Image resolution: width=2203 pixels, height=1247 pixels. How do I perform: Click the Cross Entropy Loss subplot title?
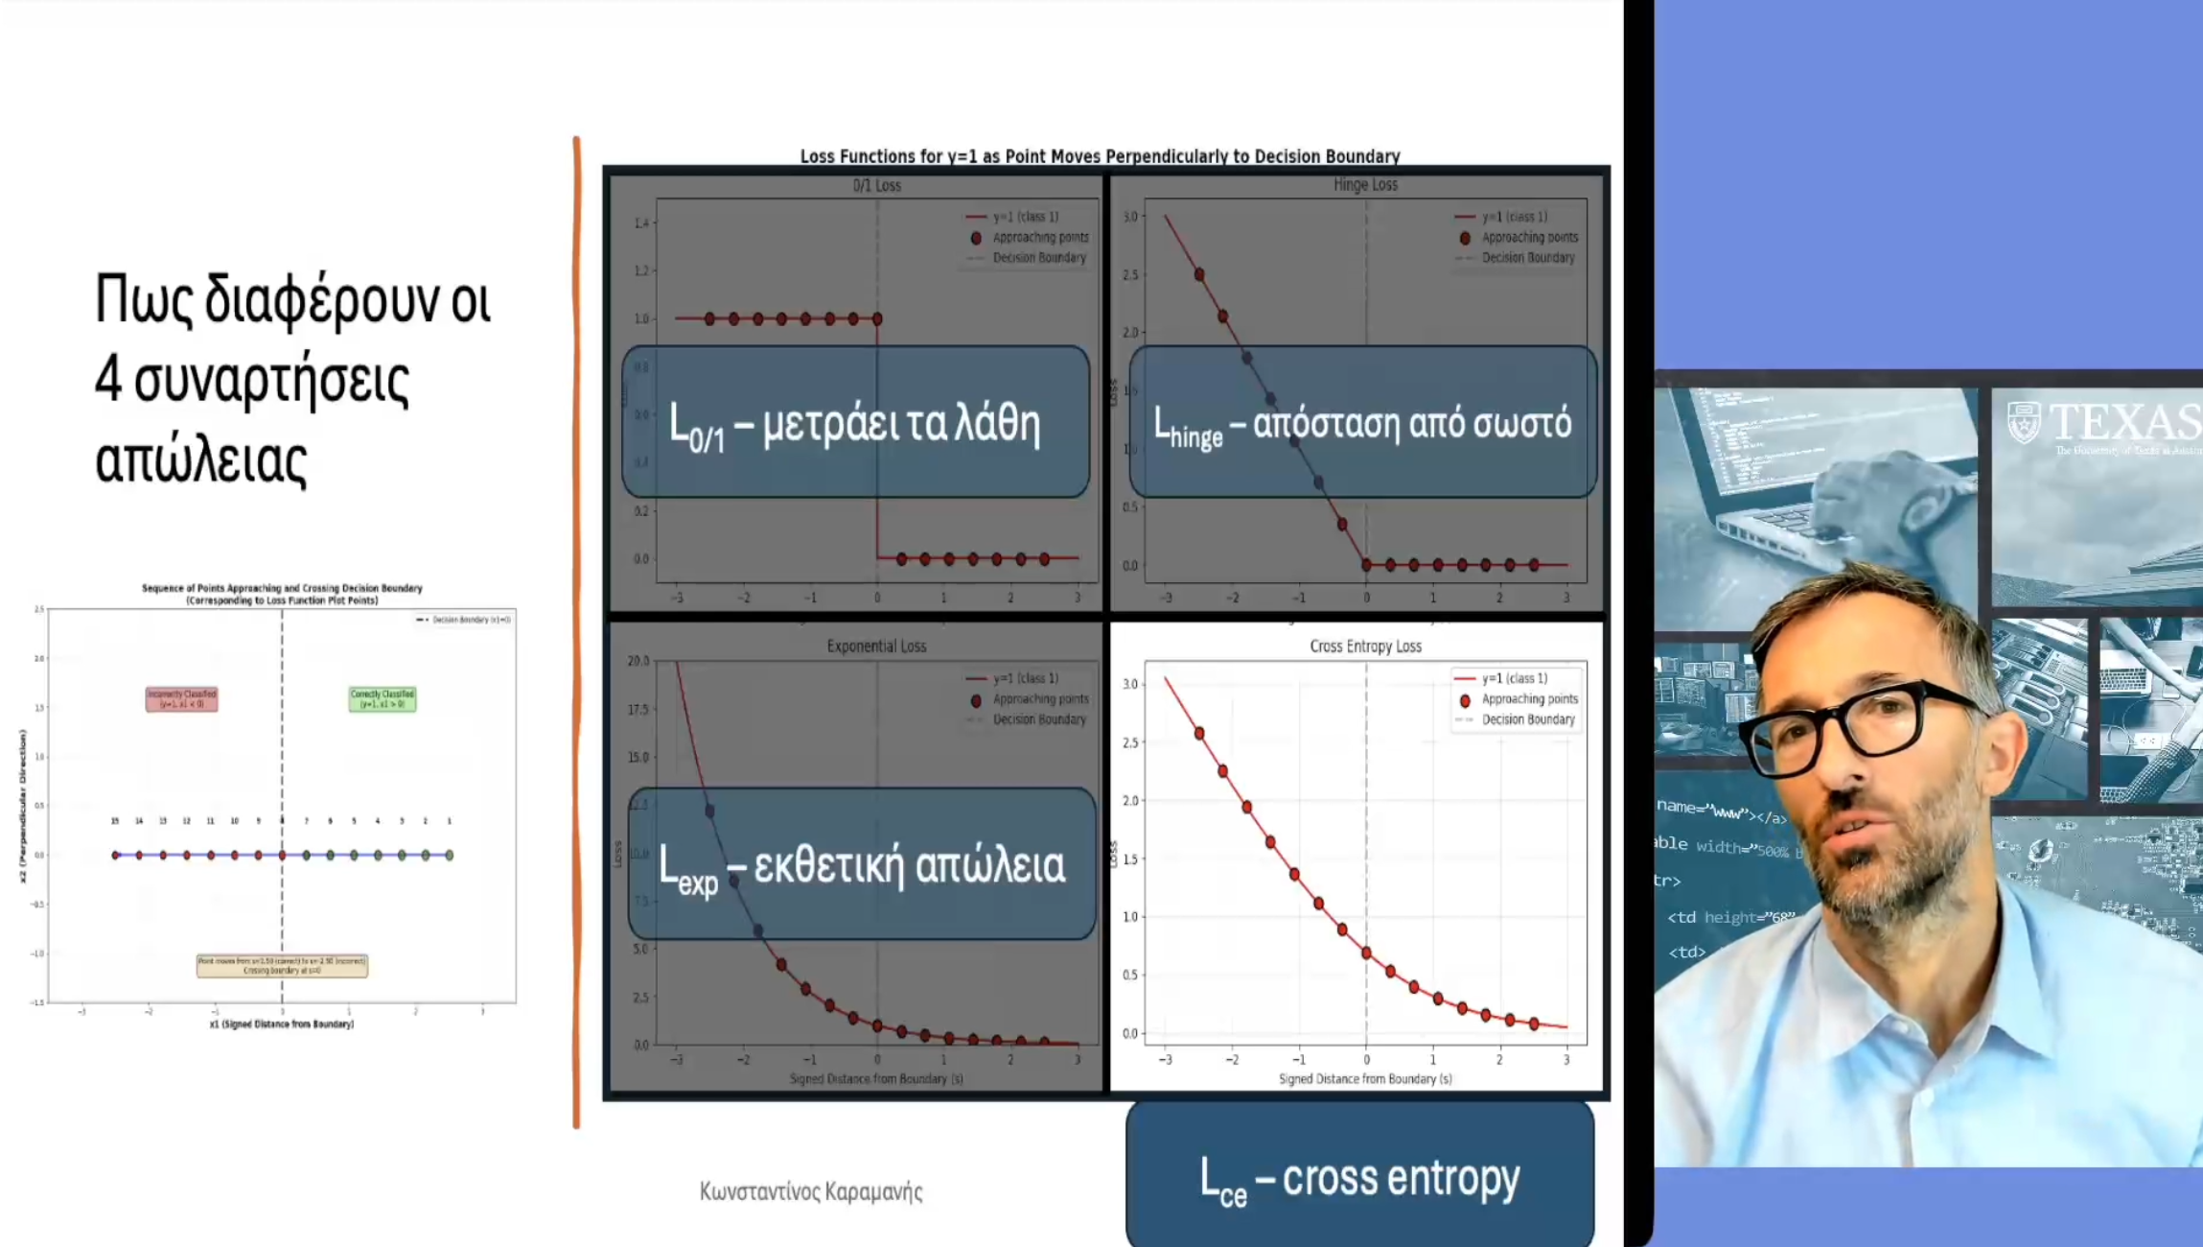(1365, 647)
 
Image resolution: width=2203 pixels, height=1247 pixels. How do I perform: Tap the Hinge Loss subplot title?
(1365, 184)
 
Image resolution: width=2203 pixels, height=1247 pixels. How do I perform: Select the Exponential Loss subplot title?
(876, 647)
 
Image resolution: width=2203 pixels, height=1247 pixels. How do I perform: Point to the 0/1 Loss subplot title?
(876, 185)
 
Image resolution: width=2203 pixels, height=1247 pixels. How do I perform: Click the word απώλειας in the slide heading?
(201, 461)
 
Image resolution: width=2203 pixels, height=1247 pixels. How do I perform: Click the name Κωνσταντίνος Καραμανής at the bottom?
(811, 1191)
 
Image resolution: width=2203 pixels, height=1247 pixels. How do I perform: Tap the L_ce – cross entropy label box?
(1359, 1178)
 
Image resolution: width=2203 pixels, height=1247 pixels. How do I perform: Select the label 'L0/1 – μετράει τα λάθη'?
(855, 423)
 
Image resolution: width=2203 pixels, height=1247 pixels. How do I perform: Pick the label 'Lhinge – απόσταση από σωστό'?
(1362, 423)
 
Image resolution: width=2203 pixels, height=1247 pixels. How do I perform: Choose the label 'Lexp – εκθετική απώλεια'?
(861, 865)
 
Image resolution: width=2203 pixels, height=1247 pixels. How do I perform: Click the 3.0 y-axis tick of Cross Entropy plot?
(1130, 684)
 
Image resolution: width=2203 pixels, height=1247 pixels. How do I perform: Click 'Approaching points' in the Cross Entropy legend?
(1529, 699)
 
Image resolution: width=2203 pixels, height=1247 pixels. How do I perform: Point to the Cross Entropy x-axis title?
(1365, 1079)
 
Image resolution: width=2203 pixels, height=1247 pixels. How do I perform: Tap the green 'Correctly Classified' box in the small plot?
(383, 698)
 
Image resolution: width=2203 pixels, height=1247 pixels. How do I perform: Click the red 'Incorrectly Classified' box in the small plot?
(181, 698)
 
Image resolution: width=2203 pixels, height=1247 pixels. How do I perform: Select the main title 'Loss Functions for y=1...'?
(1100, 156)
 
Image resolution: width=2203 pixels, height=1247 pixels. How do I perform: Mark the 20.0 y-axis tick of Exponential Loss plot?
(638, 661)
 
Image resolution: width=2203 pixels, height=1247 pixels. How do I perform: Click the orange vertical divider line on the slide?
(576, 633)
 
